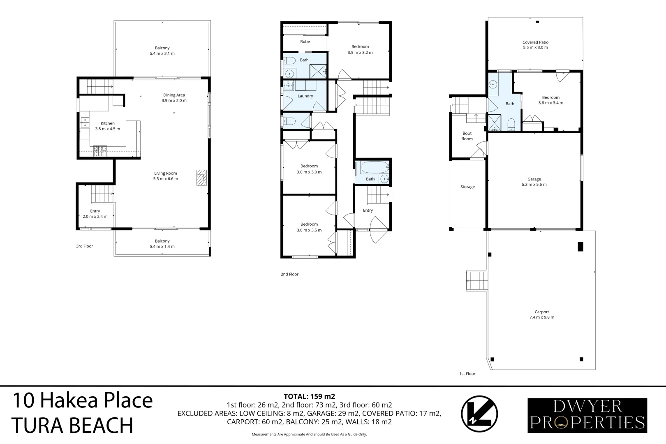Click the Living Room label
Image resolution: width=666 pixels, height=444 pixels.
pyautogui.click(x=166, y=173)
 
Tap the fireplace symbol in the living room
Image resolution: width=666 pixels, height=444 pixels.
pyautogui.click(x=201, y=178)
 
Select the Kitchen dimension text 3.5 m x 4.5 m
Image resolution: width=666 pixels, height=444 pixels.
pyautogui.click(x=108, y=129)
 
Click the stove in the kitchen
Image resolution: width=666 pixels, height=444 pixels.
pyautogui.click(x=100, y=151)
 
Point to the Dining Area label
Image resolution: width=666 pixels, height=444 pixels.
pyautogui.click(x=174, y=95)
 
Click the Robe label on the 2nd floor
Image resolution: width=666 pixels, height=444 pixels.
pyautogui.click(x=305, y=42)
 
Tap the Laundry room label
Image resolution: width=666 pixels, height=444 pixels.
pyautogui.click(x=305, y=96)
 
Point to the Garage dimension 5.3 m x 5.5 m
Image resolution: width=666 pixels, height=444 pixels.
pyautogui.click(x=534, y=185)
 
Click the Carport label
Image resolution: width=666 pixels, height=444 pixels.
pyautogui.click(x=542, y=312)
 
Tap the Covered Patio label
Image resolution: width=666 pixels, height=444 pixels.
pyautogui.click(x=535, y=42)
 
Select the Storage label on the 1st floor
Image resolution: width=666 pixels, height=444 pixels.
pyautogui.click(x=467, y=187)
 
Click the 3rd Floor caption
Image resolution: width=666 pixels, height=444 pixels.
pyautogui.click(x=84, y=246)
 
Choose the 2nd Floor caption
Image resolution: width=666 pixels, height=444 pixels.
pyautogui.click(x=289, y=274)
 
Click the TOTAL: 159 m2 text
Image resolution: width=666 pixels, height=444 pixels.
pyautogui.click(x=309, y=397)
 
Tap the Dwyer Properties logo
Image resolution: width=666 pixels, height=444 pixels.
pyautogui.click(x=587, y=415)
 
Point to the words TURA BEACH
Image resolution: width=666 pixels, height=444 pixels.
pyautogui.click(x=72, y=425)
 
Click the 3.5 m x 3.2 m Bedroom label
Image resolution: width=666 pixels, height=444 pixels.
pyautogui.click(x=360, y=53)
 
